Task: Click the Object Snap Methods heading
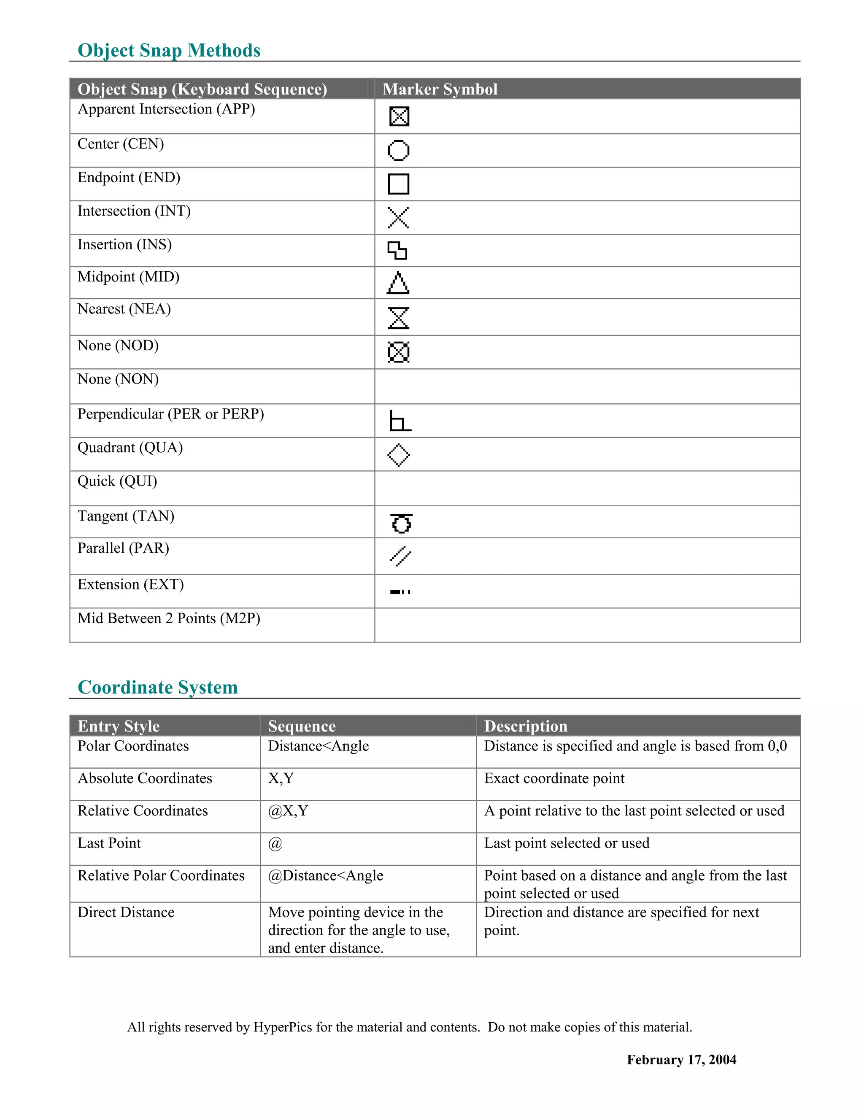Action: (169, 50)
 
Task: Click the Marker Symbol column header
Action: (440, 89)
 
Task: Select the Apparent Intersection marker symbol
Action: (399, 116)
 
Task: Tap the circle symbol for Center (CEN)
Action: (398, 151)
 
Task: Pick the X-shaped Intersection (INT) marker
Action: (398, 218)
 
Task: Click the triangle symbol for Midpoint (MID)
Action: (398, 283)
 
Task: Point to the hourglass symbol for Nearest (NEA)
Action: (398, 318)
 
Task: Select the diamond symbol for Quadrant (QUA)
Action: (398, 455)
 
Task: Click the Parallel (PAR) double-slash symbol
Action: (400, 556)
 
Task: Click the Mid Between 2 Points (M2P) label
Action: (168, 618)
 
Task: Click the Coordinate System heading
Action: (158, 687)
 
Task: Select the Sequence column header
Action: (302, 726)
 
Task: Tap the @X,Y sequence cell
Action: (288, 811)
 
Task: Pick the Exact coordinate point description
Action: (554, 779)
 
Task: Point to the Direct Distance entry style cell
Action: (126, 912)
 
